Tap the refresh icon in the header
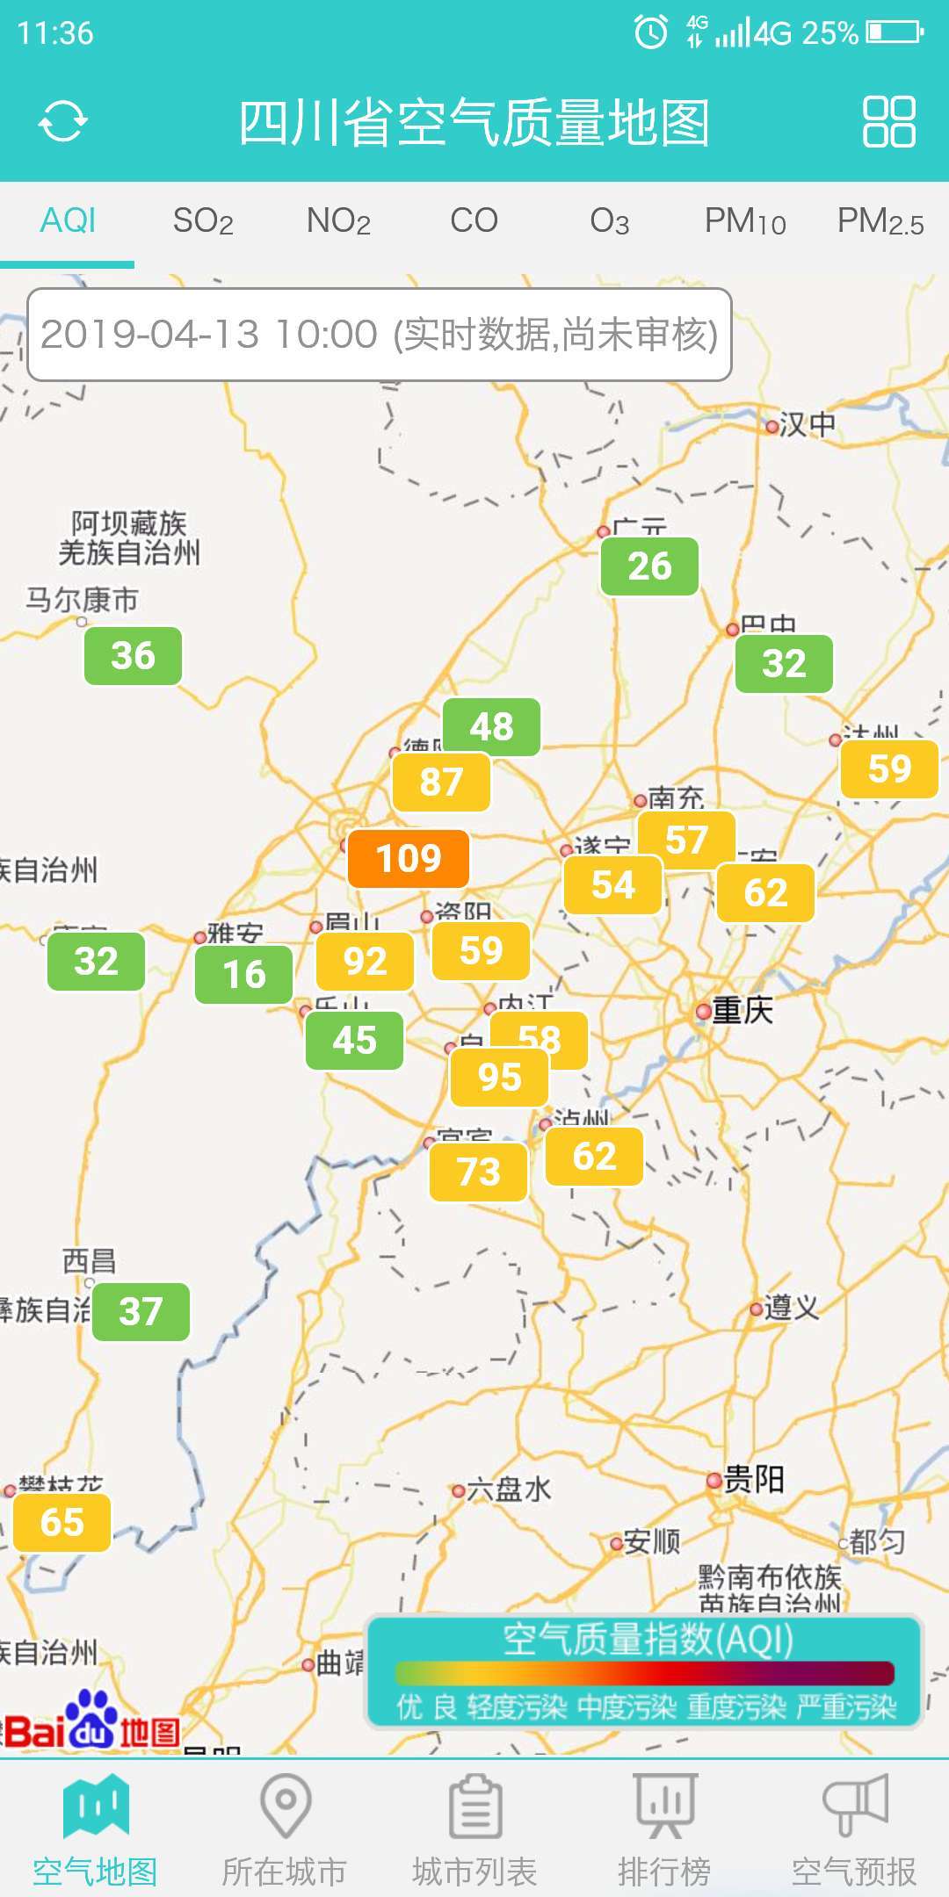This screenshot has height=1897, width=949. pyautogui.click(x=62, y=120)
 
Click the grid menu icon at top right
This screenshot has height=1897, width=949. pyautogui.click(x=888, y=121)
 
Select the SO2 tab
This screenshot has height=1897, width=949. pyautogui.click(x=203, y=221)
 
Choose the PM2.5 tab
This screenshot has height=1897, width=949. pyautogui.click(x=880, y=221)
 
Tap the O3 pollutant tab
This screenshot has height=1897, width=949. pyautogui.click(x=609, y=221)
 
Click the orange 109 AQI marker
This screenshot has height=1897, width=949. pyautogui.click(x=409, y=858)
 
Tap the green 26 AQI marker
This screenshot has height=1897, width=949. pyautogui.click(x=649, y=566)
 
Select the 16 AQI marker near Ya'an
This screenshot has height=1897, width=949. pyautogui.click(x=243, y=974)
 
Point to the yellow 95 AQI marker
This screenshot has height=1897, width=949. pyautogui.click(x=499, y=1077)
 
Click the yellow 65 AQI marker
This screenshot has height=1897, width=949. pyautogui.click(x=62, y=1522)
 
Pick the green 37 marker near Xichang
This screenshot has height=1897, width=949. pyautogui.click(x=141, y=1311)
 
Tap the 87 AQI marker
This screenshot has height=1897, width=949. pyautogui.click(x=441, y=782)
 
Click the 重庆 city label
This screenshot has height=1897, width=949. pyautogui.click(x=742, y=1011)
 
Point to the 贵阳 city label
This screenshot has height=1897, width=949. pyautogui.click(x=753, y=1480)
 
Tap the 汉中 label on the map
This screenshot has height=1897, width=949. pyautogui.click(x=807, y=425)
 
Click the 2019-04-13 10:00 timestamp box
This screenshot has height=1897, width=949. pyautogui.click(x=380, y=335)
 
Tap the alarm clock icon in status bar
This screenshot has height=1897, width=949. pyautogui.click(x=650, y=32)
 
